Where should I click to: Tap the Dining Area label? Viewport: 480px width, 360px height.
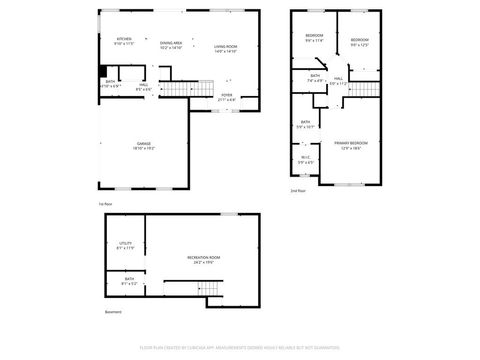[171, 45]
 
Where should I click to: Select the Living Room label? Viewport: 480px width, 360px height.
[225, 48]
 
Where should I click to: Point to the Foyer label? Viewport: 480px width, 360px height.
[227, 96]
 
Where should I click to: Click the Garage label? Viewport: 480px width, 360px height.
[145, 146]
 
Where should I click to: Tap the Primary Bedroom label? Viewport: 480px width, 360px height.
[348, 146]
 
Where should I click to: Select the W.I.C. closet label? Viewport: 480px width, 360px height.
[305, 158]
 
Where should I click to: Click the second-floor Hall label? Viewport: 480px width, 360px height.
[339, 80]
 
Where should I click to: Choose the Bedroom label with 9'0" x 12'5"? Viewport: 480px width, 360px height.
[360, 42]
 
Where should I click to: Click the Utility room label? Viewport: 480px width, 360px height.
[126, 245]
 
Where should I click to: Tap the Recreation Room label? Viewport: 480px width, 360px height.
[204, 260]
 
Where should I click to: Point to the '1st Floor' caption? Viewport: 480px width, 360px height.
[104, 204]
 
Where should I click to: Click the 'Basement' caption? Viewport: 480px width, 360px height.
[113, 313]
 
